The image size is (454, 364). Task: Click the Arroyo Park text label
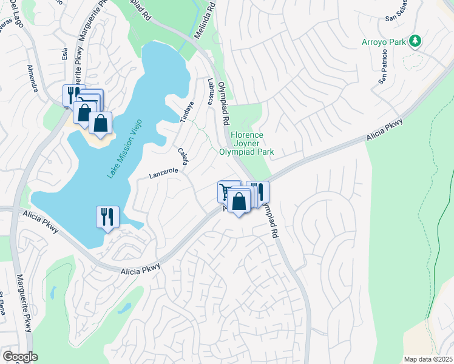(382, 41)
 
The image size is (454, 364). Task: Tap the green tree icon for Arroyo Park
(415, 41)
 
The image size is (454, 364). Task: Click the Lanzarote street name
(164, 173)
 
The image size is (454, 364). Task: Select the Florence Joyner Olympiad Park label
(246, 144)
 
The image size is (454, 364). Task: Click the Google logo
(20, 357)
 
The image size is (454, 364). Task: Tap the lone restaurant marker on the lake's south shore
(108, 217)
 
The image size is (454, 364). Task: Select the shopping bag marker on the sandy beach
(101, 123)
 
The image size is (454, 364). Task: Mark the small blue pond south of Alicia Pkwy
(124, 308)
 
